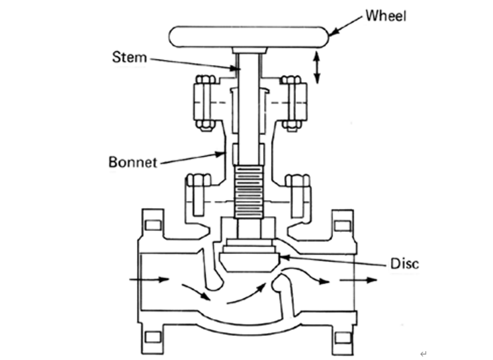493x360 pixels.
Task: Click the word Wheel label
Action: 386,15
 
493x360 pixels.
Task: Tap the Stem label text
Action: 128,56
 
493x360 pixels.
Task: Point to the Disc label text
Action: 404,263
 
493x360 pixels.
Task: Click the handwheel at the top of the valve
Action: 249,36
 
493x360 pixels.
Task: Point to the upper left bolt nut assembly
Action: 204,103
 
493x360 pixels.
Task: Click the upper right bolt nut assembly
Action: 292,103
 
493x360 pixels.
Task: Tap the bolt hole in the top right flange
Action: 343,224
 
